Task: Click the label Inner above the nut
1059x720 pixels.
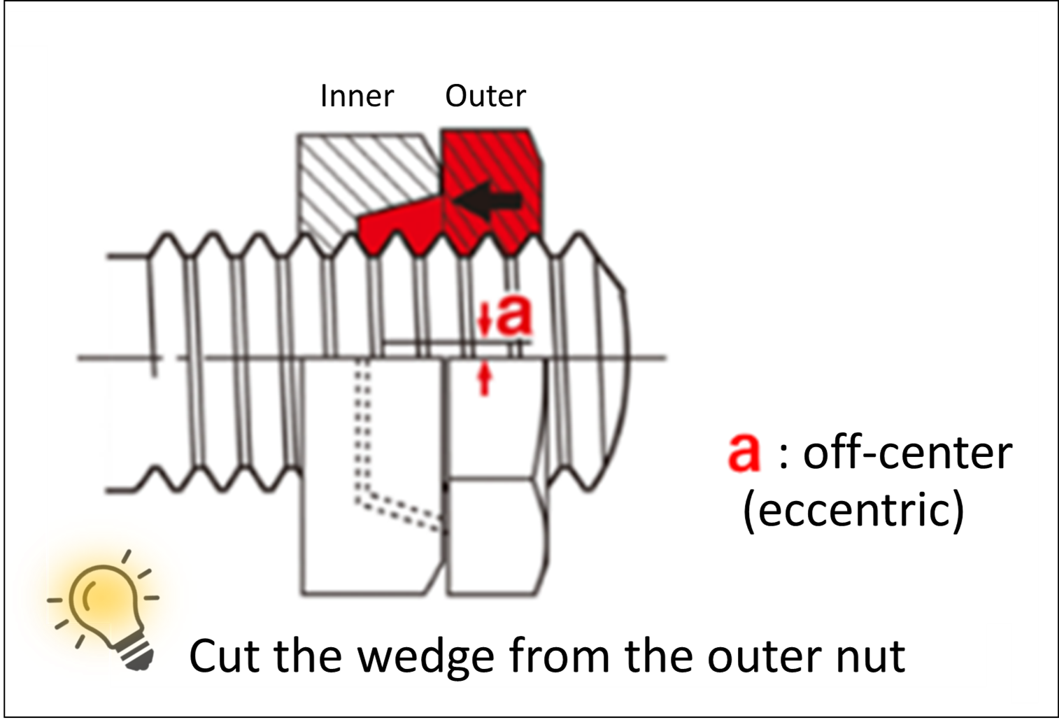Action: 357,96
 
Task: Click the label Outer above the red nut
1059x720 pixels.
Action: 485,96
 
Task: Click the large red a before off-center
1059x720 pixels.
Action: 744,452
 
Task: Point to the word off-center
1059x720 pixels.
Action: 907,453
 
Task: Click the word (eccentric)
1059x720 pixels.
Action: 853,509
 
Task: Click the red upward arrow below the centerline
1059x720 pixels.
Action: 484,380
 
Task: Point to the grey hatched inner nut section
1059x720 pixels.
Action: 343,175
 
